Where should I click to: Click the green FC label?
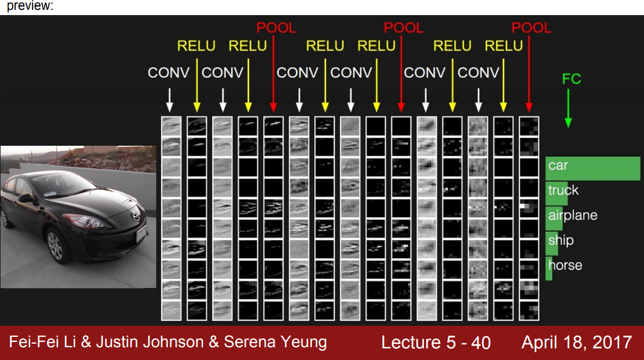point(571,79)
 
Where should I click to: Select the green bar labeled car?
point(592,168)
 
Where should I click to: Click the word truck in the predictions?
point(563,190)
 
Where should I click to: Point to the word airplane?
point(573,215)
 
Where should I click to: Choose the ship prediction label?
point(560,240)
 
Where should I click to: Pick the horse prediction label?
point(564,265)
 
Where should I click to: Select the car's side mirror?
point(26,198)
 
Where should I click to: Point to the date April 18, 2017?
point(576,342)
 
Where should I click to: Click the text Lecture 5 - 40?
point(436,343)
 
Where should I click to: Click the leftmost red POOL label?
point(276,27)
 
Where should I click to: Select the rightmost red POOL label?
point(531,27)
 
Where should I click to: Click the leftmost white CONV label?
point(168,73)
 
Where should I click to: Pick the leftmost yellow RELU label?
point(196,46)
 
